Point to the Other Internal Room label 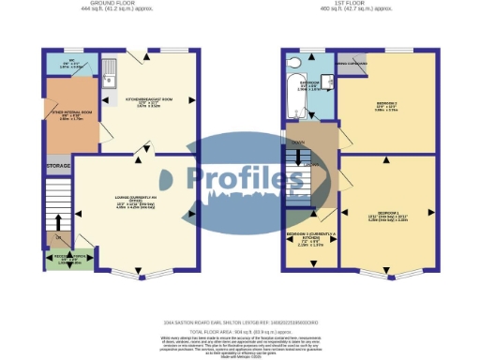click(70, 114)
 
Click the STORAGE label click(58, 167)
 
